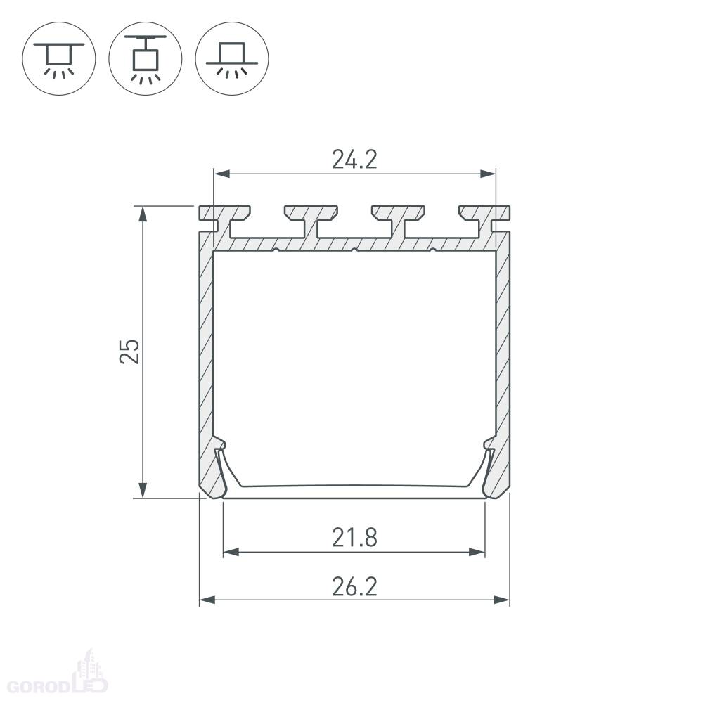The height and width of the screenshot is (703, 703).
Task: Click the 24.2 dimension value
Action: tap(354, 159)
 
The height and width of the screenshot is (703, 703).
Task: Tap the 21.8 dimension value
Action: tap(354, 538)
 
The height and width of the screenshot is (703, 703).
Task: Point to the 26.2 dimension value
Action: tap(354, 586)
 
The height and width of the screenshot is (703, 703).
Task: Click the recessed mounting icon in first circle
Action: tap(59, 59)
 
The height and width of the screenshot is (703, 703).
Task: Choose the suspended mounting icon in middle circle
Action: tap(146, 59)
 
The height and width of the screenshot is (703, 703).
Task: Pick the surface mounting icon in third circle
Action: tap(232, 59)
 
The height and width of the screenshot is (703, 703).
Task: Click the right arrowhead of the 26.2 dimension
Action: tap(502, 600)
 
